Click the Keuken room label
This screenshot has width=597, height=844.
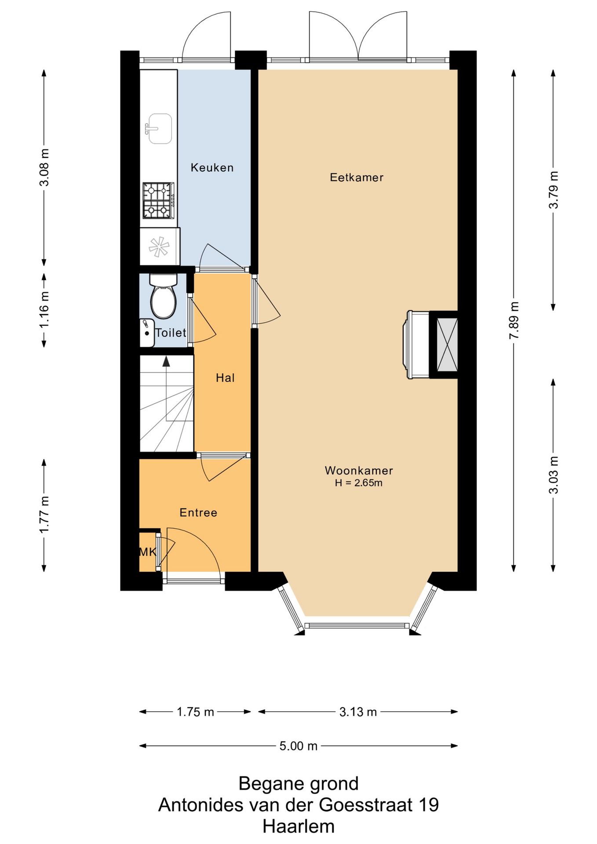212,167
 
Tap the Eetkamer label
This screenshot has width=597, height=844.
357,178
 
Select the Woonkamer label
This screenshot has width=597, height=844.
359,470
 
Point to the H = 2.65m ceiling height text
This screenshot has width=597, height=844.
359,483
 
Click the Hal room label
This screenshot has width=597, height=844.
225,378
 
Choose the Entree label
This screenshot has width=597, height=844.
198,513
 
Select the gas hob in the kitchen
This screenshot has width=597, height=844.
159,200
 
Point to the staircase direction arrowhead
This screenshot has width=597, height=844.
166,361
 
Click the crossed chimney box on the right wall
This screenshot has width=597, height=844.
447,344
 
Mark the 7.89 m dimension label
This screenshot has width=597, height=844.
513,320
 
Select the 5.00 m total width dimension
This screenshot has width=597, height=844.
298,746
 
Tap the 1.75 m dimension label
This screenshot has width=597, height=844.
195,712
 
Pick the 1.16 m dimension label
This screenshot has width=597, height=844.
44,309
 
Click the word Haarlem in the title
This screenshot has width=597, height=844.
298,826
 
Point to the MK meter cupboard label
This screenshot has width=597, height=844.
148,552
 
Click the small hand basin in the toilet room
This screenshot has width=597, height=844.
147,333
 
